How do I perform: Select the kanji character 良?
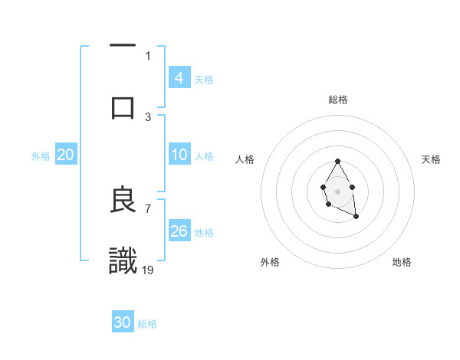pos(123,200)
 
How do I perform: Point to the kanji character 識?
pos(123,260)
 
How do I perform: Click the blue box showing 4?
pos(179,77)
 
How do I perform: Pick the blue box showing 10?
pos(179,155)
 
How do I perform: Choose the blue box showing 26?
pos(179,231)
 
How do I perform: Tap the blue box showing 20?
pos(66,155)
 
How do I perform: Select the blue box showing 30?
pos(123,322)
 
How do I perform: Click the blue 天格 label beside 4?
pos(204,80)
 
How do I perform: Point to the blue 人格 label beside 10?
pos(204,156)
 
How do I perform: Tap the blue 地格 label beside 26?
pos(204,233)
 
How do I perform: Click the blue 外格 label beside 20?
pos(41,156)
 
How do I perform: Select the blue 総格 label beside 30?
pos(147,324)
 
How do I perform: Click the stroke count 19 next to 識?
pos(148,269)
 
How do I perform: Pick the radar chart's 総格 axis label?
pos(337,100)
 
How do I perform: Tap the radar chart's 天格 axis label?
pos(431,159)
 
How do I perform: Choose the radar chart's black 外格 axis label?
pos(270,262)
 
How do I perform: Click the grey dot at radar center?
pos(337,190)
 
